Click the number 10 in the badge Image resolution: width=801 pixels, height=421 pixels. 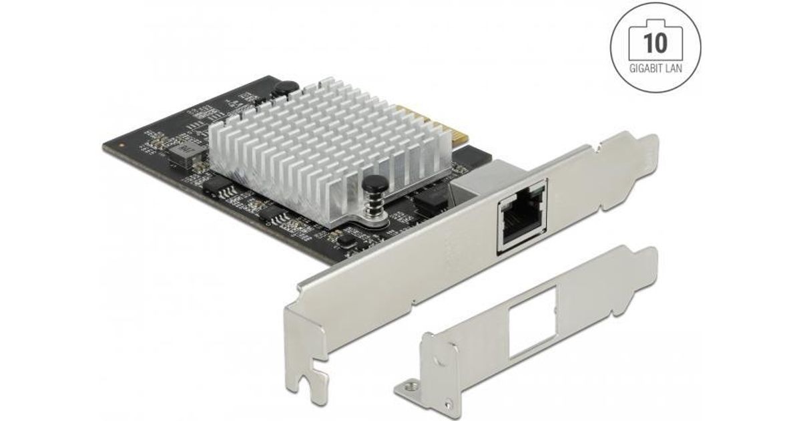[655, 43]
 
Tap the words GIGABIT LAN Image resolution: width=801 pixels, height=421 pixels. [655, 68]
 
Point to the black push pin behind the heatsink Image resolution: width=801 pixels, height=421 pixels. [284, 88]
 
